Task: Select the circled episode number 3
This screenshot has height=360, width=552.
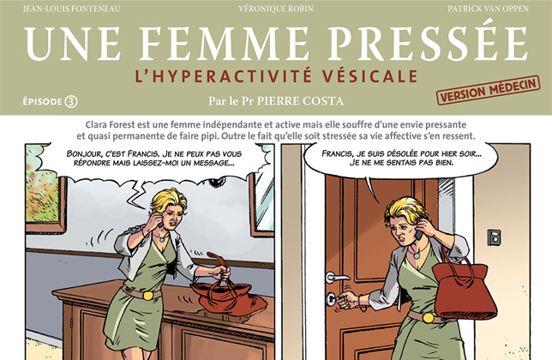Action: pos(71,101)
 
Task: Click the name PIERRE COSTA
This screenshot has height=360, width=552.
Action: pos(306,101)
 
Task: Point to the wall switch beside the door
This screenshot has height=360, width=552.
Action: pos(494,237)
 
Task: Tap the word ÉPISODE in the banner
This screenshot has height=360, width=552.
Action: pos(43,101)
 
